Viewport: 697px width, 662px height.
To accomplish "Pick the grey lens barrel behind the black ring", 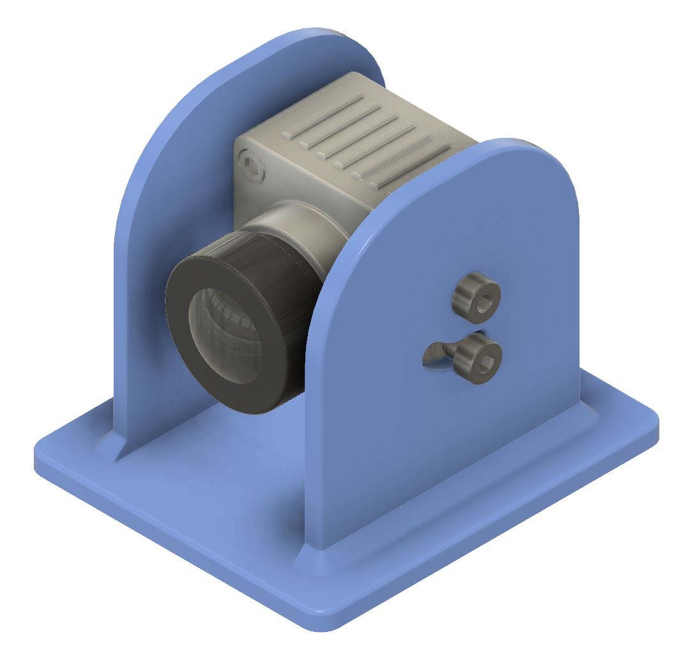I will point(300,230).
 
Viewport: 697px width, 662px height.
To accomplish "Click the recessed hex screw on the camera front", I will point(253,168).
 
